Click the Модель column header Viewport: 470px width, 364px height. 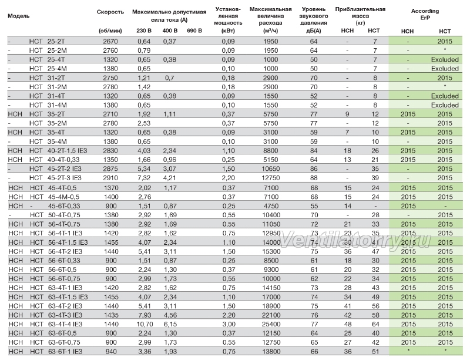click(x=19, y=16)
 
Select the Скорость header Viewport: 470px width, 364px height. click(x=110, y=12)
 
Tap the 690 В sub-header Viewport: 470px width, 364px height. click(x=194, y=31)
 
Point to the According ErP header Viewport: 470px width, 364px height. click(x=425, y=14)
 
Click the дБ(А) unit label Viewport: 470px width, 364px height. click(x=314, y=31)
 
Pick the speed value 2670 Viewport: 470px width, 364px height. click(x=110, y=41)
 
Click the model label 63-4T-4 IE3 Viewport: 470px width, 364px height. click(x=65, y=324)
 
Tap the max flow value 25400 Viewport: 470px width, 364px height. click(x=271, y=324)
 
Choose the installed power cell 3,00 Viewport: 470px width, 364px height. click(x=229, y=324)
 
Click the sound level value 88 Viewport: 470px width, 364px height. click(x=314, y=178)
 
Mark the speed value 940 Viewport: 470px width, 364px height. click(x=111, y=351)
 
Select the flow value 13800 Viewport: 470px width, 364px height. click(x=271, y=351)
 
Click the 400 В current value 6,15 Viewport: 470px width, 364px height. click(x=170, y=324)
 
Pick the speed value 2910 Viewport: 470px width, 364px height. click(x=110, y=178)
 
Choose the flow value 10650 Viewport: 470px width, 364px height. click(x=271, y=168)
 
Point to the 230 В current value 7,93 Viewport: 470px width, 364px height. click(x=145, y=315)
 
